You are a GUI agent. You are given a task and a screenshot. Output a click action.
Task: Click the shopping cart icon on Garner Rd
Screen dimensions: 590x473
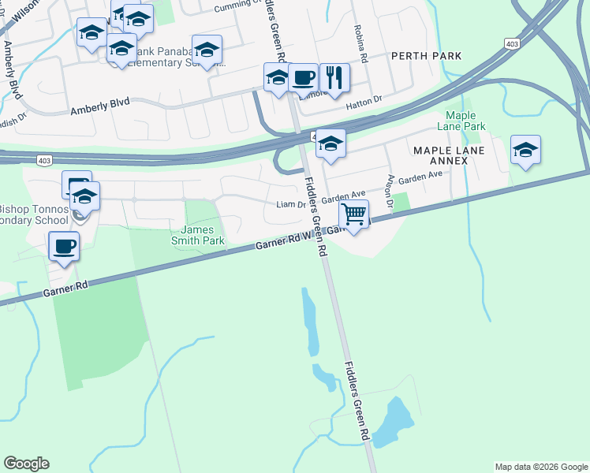[354, 214]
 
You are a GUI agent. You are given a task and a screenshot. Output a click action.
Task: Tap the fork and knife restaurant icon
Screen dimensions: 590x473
[334, 77]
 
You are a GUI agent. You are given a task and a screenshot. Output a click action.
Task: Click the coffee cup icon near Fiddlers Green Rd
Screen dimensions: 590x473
[303, 77]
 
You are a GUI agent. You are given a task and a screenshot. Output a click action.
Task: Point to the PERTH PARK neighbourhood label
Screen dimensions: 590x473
[426, 55]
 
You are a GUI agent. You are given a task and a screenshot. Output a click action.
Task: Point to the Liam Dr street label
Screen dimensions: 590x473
[291, 204]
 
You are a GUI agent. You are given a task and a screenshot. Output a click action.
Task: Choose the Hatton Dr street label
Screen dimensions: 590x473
[366, 99]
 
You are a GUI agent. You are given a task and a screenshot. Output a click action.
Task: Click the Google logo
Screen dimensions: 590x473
[26, 464]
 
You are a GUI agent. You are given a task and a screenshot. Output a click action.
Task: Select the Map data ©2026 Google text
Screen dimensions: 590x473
[540, 467]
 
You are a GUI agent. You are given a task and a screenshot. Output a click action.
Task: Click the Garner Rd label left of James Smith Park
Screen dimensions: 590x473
[65, 289]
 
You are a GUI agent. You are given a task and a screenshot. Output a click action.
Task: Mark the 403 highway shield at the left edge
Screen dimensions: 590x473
[45, 160]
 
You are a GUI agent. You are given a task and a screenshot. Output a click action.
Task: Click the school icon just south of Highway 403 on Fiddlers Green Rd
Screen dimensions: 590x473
[331, 144]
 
